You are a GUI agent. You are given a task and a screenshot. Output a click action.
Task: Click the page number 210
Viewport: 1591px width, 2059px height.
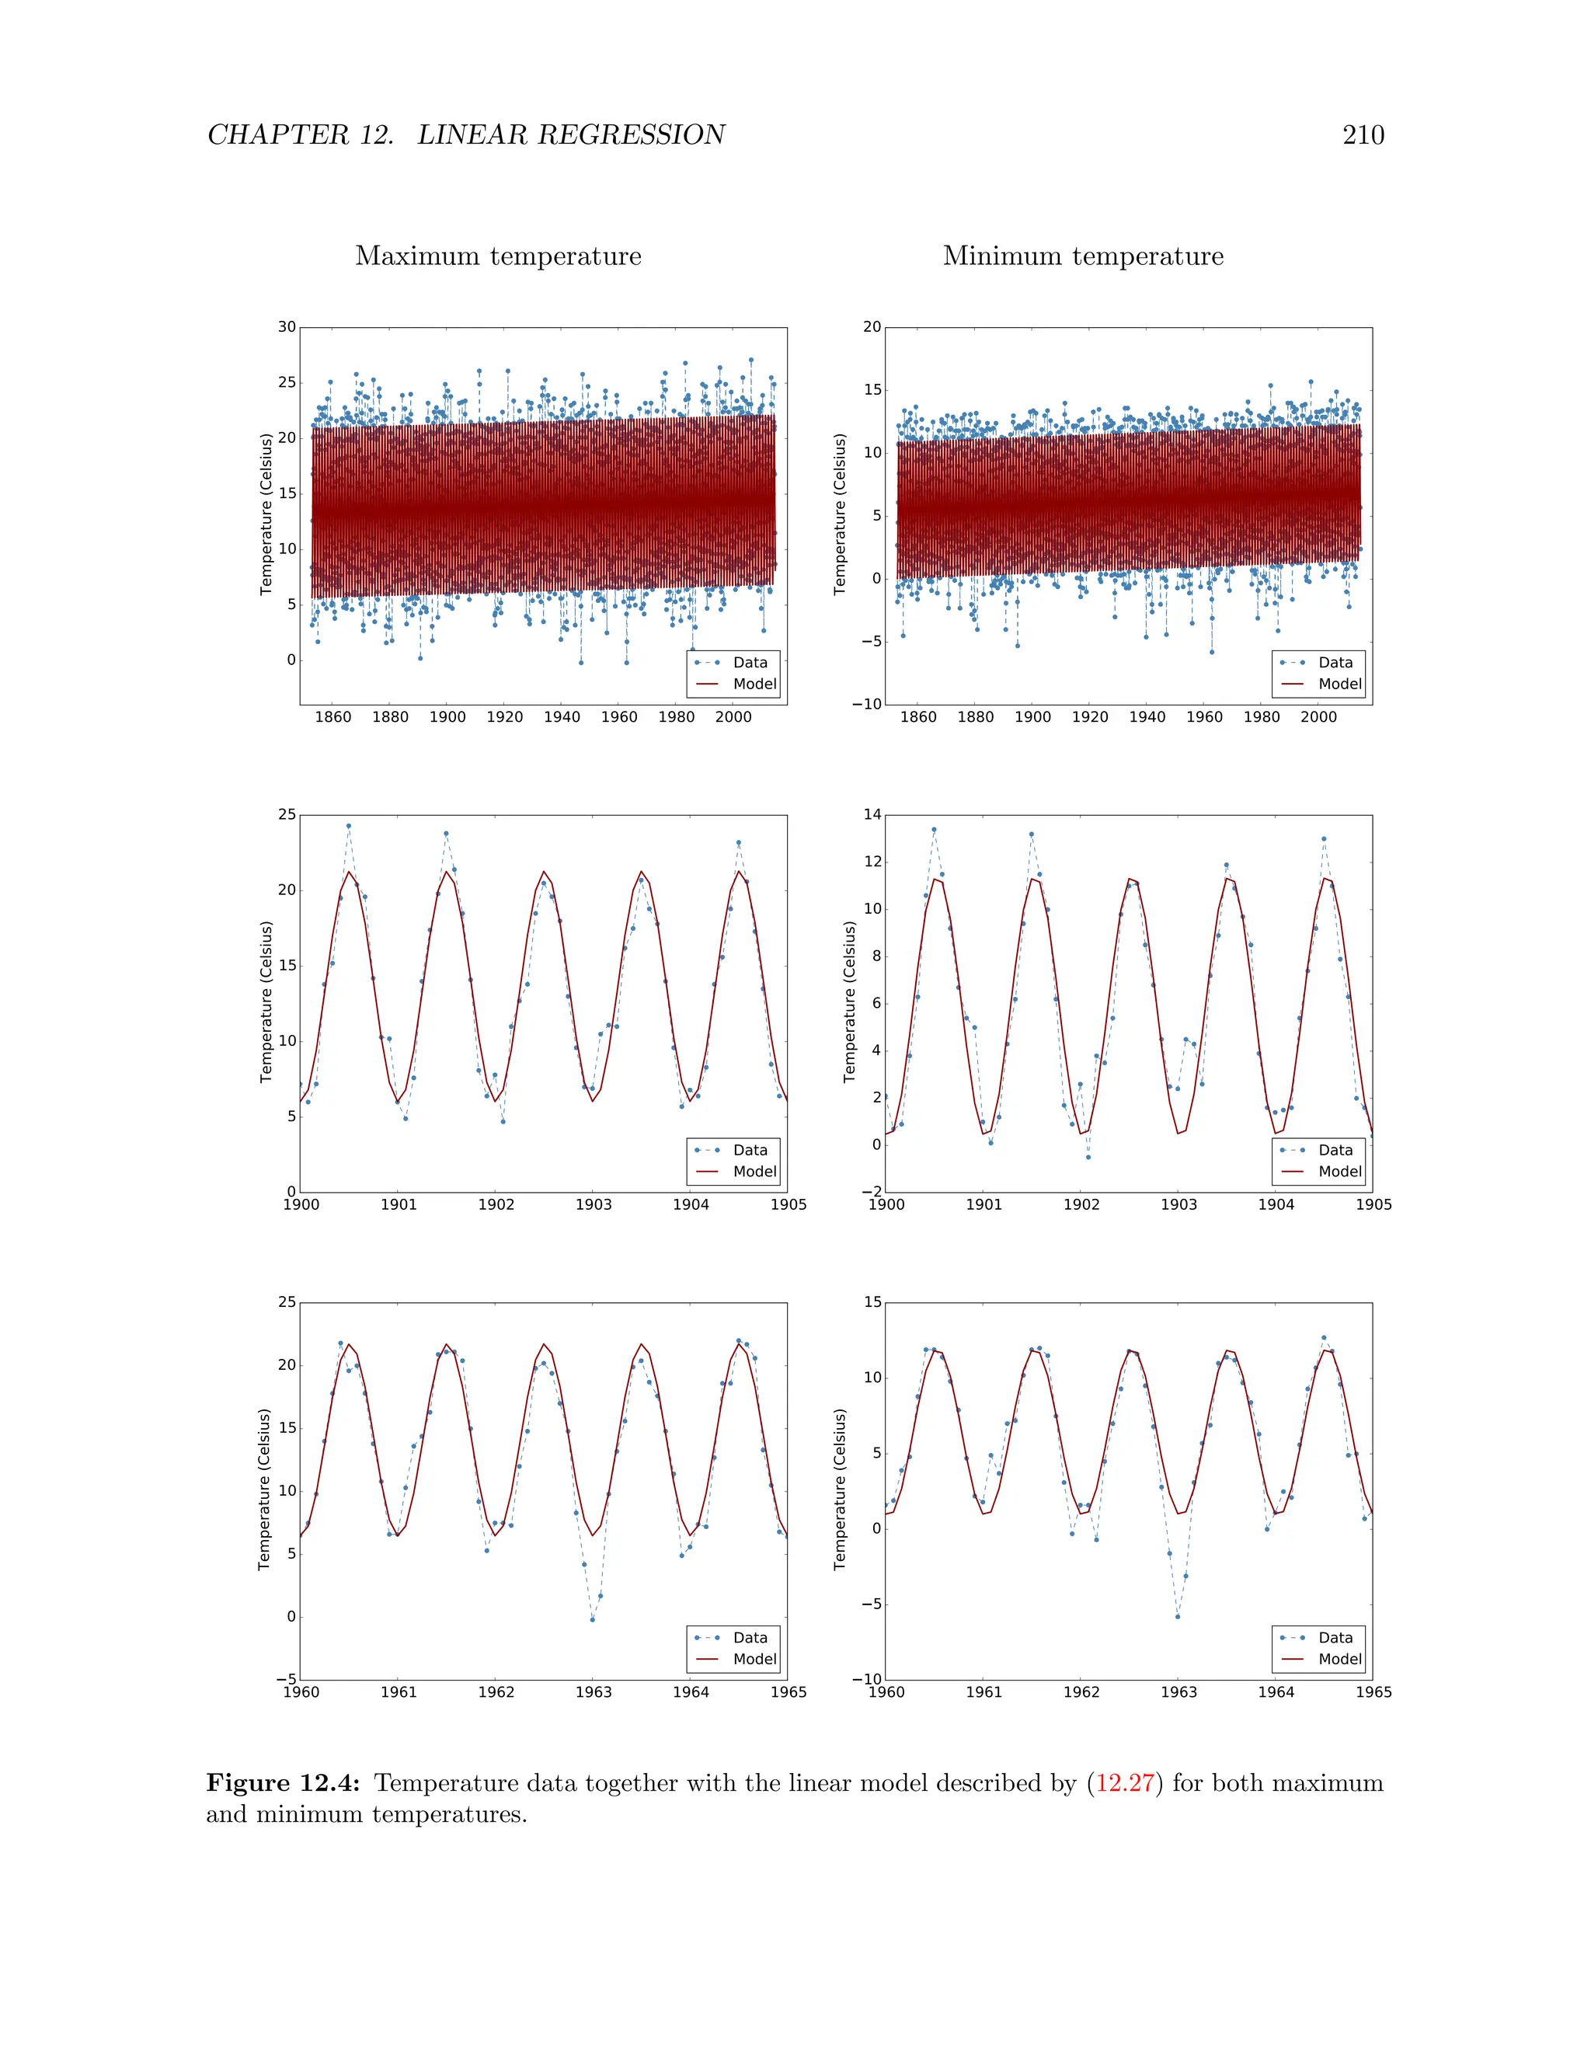pyautogui.click(x=1363, y=135)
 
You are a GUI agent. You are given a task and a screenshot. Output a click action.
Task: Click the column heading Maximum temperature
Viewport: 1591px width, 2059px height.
pyautogui.click(x=498, y=256)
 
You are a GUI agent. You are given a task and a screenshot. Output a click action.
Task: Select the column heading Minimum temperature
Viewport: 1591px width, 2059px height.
pyautogui.click(x=1083, y=256)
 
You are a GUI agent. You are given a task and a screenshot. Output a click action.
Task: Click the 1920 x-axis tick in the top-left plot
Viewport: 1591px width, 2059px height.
pyautogui.click(x=504, y=717)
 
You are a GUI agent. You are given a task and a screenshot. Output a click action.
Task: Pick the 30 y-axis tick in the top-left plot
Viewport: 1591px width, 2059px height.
pyautogui.click(x=287, y=327)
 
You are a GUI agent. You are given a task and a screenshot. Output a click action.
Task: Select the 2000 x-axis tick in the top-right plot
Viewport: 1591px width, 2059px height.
pyautogui.click(x=1318, y=717)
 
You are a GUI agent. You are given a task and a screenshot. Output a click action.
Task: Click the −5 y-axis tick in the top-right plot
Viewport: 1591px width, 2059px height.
pyautogui.click(x=869, y=641)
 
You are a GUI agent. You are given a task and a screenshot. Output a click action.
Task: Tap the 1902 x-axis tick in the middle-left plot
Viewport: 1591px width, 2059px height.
pyautogui.click(x=496, y=1205)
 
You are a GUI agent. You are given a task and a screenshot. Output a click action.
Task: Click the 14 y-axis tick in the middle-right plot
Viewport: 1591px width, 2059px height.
pyautogui.click(x=872, y=814)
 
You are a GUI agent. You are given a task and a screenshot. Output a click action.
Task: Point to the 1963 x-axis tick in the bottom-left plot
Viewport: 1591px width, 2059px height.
pyautogui.click(x=594, y=1692)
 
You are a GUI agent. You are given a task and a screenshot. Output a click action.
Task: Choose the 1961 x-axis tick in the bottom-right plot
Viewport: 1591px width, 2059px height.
pyautogui.click(x=984, y=1692)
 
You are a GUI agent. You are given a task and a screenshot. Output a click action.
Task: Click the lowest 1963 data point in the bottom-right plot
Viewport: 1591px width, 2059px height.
pyautogui.click(x=1177, y=1617)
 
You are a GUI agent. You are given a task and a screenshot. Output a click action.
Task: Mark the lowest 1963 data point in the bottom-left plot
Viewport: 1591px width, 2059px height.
pyautogui.click(x=592, y=1620)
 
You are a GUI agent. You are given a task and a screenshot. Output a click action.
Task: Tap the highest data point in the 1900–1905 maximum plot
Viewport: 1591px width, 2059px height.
pyautogui.click(x=348, y=826)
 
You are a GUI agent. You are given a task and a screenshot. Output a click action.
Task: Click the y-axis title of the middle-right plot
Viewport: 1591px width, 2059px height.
pyautogui.click(x=849, y=1002)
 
